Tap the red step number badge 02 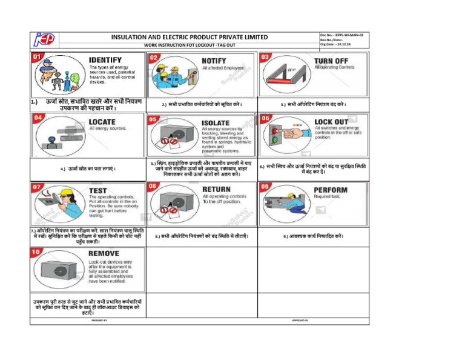coord(154,57)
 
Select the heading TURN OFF coord(331,60)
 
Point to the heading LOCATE coord(102,122)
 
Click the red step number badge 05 coord(154,119)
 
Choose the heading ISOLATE coord(219,122)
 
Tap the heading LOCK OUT coord(331,122)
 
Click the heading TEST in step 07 coord(98,190)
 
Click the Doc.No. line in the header coord(342,35)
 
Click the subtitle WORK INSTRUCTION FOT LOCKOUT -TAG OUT coord(190,45)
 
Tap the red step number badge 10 coord(37,250)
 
